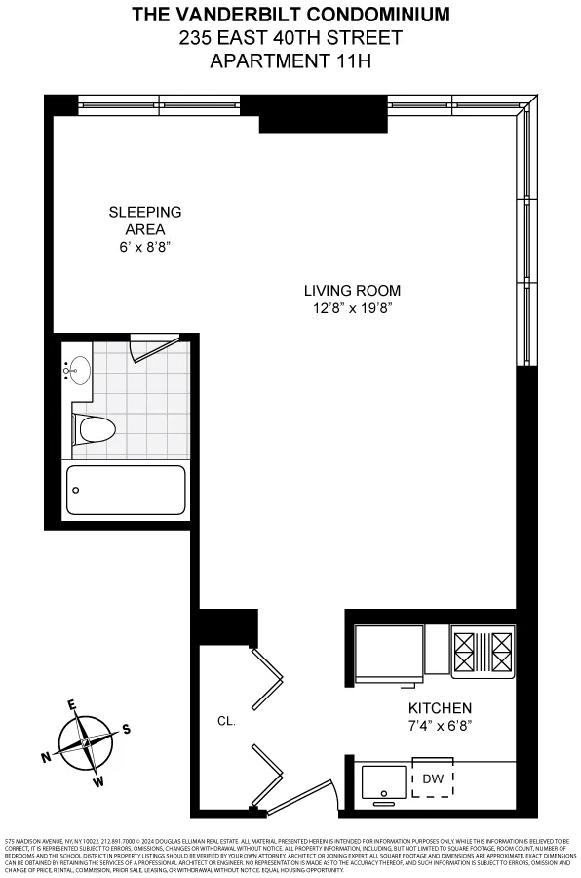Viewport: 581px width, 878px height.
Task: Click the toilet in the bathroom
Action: (x=96, y=428)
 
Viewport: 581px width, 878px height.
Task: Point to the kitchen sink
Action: (x=384, y=780)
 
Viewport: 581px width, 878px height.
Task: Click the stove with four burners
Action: (x=484, y=650)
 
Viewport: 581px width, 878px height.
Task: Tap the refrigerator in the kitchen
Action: (x=389, y=650)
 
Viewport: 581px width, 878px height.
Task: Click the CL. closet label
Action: (x=225, y=723)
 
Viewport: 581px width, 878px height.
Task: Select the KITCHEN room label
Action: (x=440, y=708)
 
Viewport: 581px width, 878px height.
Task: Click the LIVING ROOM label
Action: (x=352, y=290)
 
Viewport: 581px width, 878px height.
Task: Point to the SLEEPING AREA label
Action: (x=144, y=220)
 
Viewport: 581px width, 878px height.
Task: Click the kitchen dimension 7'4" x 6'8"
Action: (x=440, y=726)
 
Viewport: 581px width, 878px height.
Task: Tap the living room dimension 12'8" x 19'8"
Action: (x=352, y=308)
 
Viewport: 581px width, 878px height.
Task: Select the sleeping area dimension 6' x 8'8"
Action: (x=144, y=247)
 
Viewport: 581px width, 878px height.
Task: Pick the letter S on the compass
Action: (x=126, y=729)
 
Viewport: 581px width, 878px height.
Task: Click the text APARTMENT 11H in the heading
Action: (x=290, y=60)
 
